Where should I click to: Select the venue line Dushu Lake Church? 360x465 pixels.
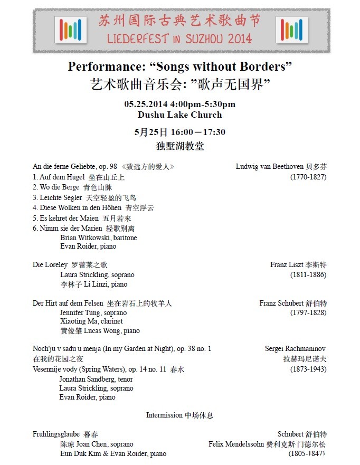(179, 115)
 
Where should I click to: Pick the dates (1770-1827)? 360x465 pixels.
(308, 177)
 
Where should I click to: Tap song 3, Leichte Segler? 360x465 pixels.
(61, 197)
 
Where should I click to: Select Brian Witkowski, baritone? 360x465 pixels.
(98, 238)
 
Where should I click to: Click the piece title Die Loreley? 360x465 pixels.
(50, 265)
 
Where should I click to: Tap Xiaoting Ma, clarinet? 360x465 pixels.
(91, 321)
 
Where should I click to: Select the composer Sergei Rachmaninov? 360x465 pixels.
(295, 349)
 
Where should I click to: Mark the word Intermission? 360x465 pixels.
(164, 415)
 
